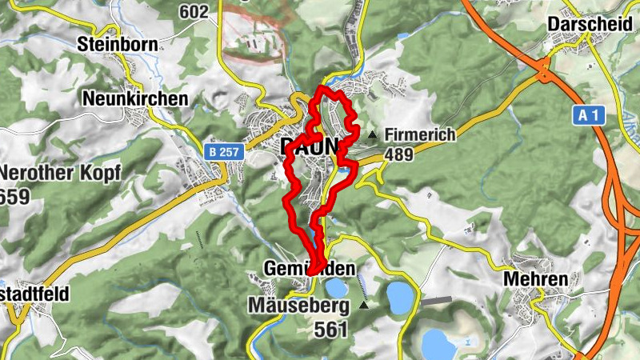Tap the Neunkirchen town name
[135, 98]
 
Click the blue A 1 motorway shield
[589, 116]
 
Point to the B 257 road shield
[223, 150]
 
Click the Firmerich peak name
[420, 134]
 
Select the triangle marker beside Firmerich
[372, 134]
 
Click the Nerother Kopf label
[61, 174]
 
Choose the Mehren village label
[536, 279]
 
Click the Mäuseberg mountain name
[298, 306]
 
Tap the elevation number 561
[330, 328]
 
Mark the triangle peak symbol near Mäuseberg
[365, 305]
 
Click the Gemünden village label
[308, 267]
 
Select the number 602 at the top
[194, 11]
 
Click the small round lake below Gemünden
[336, 286]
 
